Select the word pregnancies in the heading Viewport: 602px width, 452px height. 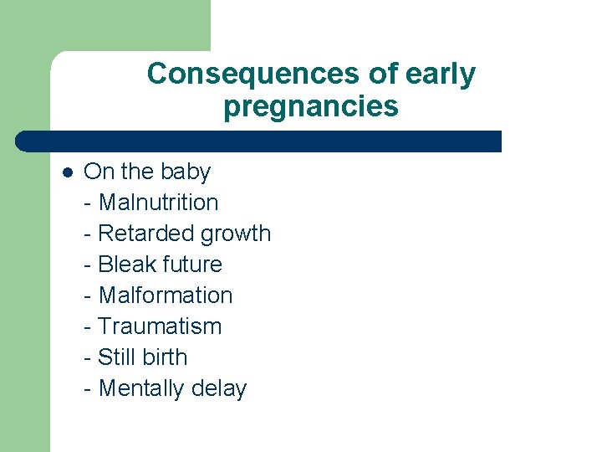(x=311, y=107)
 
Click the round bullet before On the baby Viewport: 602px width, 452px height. (x=68, y=172)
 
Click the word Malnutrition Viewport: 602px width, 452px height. (x=158, y=203)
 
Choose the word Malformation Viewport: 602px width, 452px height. (x=166, y=295)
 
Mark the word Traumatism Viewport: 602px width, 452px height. (x=160, y=326)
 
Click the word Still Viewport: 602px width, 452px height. (x=115, y=357)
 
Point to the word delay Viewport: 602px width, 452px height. (x=218, y=389)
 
